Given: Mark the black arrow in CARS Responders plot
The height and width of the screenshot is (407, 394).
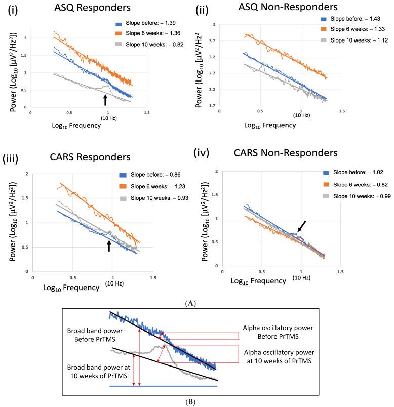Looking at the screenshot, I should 108,246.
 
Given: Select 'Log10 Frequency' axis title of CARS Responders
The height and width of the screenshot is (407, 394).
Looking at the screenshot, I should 64,287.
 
